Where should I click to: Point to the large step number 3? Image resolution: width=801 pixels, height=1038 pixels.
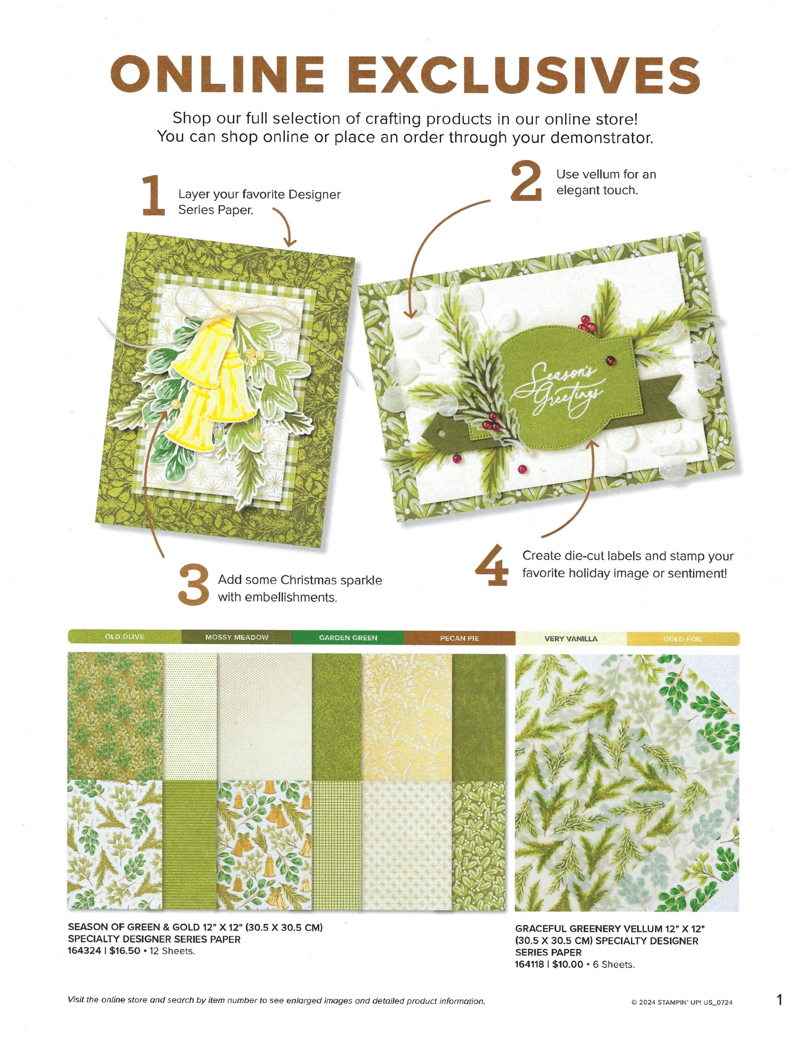[x=193, y=584]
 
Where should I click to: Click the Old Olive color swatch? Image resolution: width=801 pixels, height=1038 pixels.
[x=124, y=637]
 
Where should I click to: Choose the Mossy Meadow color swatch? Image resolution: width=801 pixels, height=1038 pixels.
[x=237, y=637]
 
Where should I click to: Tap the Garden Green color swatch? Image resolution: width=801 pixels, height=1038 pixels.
[x=348, y=638]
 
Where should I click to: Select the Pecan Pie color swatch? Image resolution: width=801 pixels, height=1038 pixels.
[x=459, y=638]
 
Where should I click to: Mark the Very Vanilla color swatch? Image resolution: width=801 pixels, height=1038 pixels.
[x=571, y=639]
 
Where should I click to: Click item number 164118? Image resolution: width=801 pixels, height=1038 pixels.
[x=531, y=964]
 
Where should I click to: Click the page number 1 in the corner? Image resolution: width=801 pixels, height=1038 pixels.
[x=780, y=999]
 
